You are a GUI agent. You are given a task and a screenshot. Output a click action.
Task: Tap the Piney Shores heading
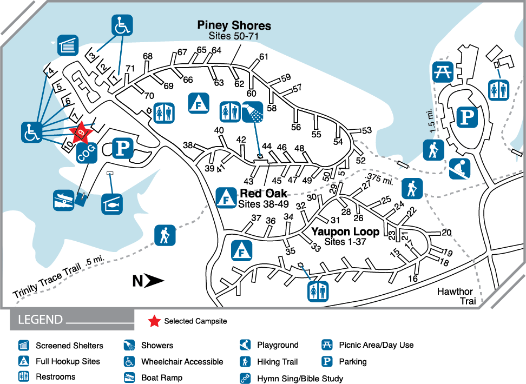(234, 25)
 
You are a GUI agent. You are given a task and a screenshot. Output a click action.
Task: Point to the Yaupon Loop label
(345, 232)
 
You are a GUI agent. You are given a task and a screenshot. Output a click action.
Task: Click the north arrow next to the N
(155, 281)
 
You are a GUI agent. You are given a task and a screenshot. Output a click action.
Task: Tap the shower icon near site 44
(253, 112)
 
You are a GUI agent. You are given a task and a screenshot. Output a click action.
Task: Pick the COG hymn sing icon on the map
(87, 154)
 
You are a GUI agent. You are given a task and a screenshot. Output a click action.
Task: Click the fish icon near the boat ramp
(112, 204)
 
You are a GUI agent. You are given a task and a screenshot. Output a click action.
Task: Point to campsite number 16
(413, 279)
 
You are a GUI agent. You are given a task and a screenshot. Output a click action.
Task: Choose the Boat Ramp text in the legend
(162, 378)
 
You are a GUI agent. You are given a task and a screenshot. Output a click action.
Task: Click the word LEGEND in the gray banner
(41, 319)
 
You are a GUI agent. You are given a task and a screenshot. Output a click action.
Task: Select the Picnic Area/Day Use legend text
(376, 345)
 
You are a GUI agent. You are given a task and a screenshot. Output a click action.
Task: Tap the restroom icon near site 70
(163, 112)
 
